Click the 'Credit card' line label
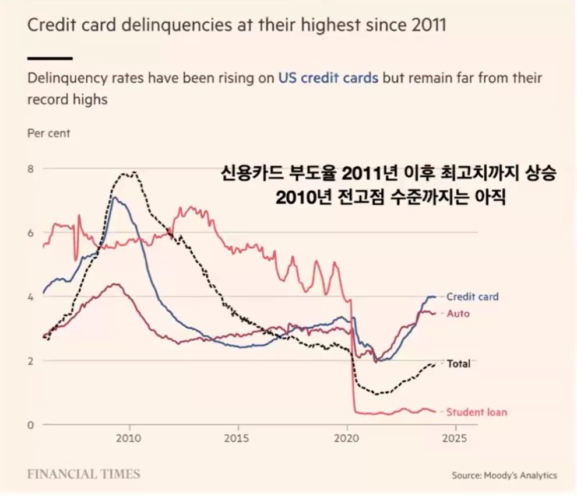(x=472, y=296)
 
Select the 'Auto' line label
(x=458, y=313)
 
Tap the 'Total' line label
(x=458, y=364)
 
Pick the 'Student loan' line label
(x=476, y=412)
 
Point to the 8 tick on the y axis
(x=31, y=169)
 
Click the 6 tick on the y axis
(x=31, y=233)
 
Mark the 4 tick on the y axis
(x=31, y=296)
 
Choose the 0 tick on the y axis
(x=31, y=425)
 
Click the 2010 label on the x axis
(x=129, y=438)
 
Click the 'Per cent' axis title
(x=49, y=133)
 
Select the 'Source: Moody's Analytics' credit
(x=504, y=475)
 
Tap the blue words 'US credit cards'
(x=328, y=78)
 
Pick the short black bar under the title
(x=50, y=58)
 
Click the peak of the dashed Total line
(x=134, y=172)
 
